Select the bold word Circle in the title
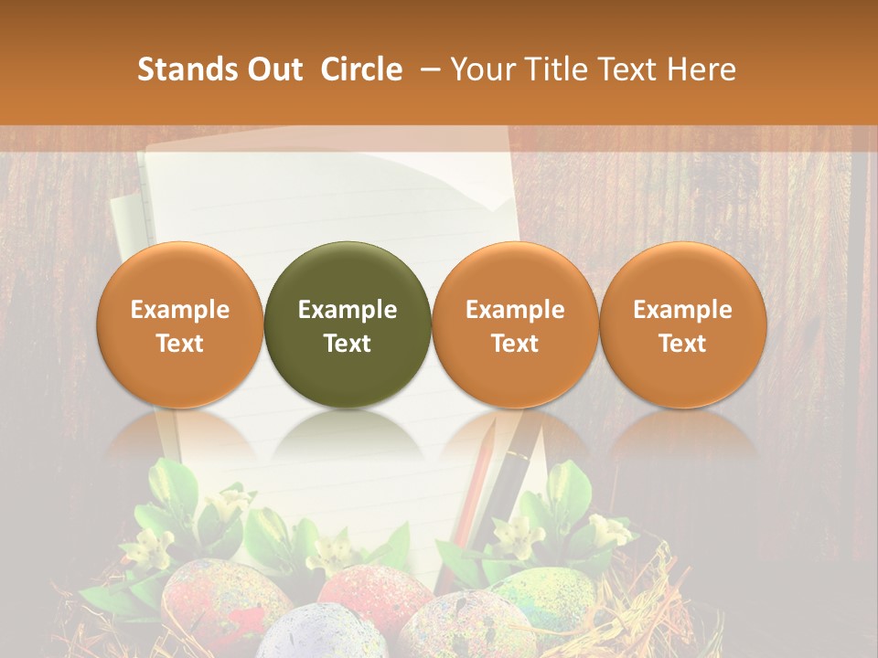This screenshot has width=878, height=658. (361, 69)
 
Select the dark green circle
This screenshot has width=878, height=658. (348, 324)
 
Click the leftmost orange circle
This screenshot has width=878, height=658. (180, 324)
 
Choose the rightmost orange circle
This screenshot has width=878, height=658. (683, 324)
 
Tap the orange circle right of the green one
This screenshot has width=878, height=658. (515, 324)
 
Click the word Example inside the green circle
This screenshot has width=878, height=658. (348, 310)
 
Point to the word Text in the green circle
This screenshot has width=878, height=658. (348, 344)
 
